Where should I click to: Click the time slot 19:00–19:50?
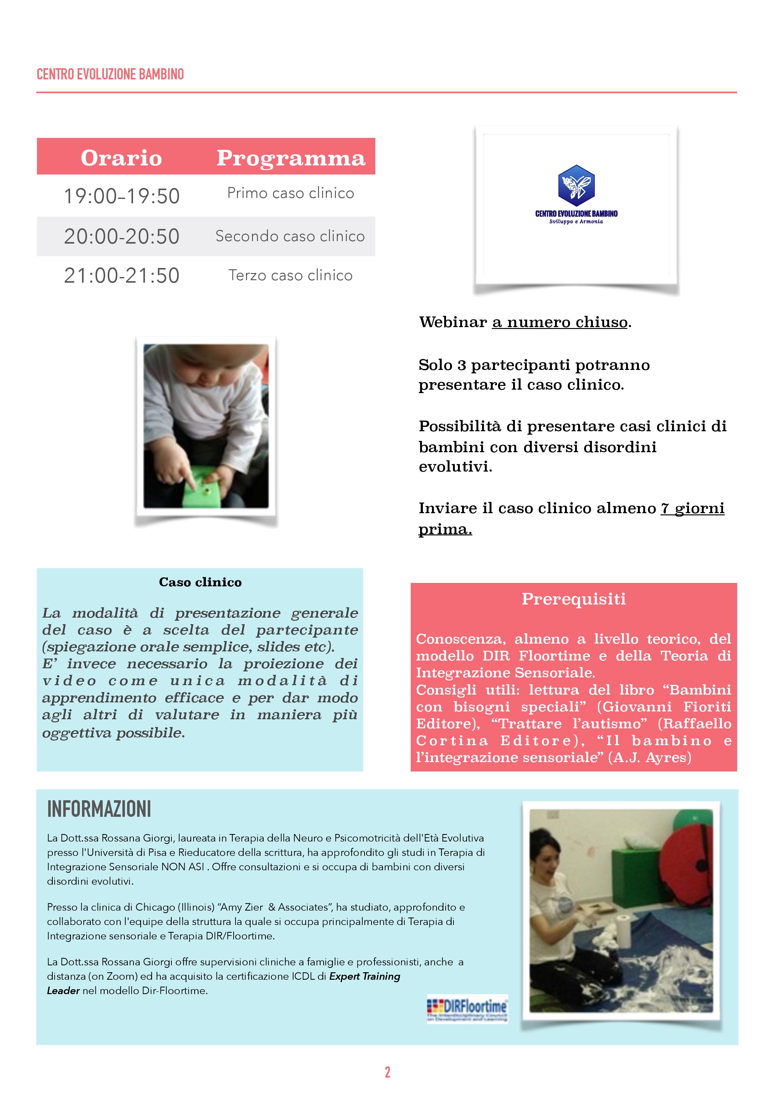121,196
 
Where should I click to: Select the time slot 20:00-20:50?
121,236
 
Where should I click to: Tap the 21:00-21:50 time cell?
121,276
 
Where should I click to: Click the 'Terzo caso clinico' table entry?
290,275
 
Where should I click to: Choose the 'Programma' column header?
291,158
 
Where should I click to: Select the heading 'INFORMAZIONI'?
99,809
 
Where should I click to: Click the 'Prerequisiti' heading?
573,599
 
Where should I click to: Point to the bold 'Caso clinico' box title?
200,582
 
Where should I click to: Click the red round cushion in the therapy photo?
688,867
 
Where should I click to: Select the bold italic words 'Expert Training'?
364,976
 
